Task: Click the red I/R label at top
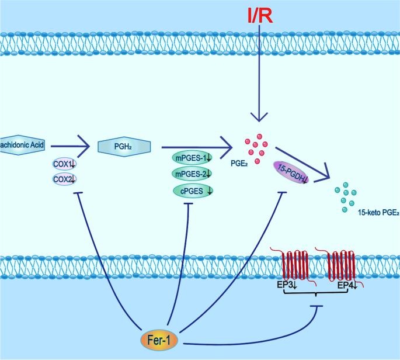(x=260, y=15)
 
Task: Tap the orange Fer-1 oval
(x=159, y=340)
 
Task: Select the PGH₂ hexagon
(x=124, y=147)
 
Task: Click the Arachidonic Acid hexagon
(x=22, y=145)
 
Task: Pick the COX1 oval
(x=64, y=164)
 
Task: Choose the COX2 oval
(x=64, y=179)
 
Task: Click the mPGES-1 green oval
(x=192, y=158)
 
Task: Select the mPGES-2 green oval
(x=192, y=174)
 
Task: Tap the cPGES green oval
(x=193, y=191)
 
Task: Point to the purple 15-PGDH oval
(x=291, y=172)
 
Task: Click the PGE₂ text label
(x=239, y=164)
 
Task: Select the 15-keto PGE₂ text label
(x=378, y=212)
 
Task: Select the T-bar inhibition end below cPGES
(x=189, y=204)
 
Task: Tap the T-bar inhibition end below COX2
(x=78, y=193)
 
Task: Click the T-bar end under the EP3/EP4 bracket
(x=317, y=306)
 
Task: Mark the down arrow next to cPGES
(x=210, y=191)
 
